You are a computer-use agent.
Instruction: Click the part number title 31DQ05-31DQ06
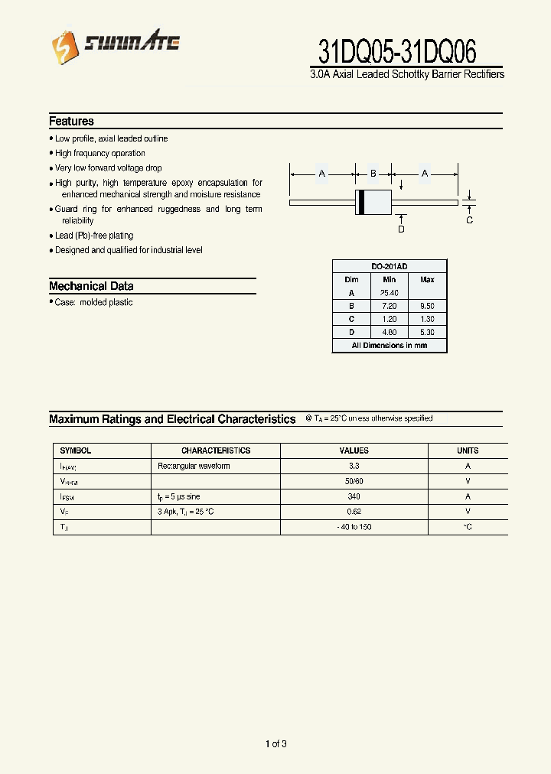pyautogui.click(x=397, y=52)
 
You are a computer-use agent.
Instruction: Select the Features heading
pyautogui.click(x=71, y=121)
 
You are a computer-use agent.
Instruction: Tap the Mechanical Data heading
pyautogui.click(x=91, y=286)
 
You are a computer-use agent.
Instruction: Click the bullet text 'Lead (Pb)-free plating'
pyautogui.click(x=94, y=236)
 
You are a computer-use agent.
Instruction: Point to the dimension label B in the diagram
pyautogui.click(x=373, y=174)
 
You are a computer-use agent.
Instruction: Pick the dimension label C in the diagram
pyautogui.click(x=469, y=220)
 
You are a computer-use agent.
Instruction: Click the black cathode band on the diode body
pyautogui.click(x=362, y=203)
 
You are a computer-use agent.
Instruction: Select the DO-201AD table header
pyautogui.click(x=390, y=266)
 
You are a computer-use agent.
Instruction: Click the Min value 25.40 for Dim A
pyautogui.click(x=389, y=293)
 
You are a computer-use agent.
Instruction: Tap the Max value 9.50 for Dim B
pyautogui.click(x=427, y=306)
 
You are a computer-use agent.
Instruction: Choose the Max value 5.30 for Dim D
pyautogui.click(x=427, y=332)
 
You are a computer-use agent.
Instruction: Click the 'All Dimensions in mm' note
pyautogui.click(x=390, y=346)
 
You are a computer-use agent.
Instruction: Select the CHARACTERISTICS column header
pyautogui.click(x=216, y=450)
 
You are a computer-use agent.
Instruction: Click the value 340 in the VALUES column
pyautogui.click(x=354, y=496)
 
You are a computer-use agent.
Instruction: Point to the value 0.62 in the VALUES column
pyautogui.click(x=354, y=512)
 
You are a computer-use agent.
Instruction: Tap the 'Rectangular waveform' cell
pyautogui.click(x=194, y=466)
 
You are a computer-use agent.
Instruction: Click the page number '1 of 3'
pyautogui.click(x=275, y=743)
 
